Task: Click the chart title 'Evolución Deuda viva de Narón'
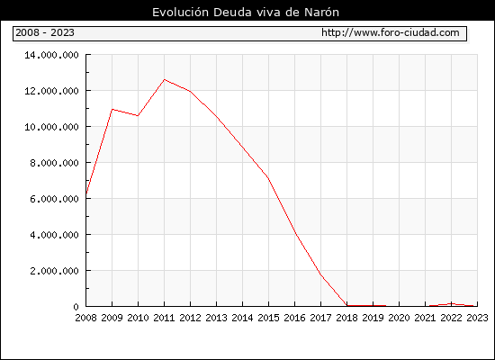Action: pos(246,13)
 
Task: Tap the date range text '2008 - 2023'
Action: pos(45,32)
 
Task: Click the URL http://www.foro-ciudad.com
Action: pos(391,32)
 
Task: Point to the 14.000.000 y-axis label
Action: pos(52,55)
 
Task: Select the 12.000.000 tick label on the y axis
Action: pos(52,91)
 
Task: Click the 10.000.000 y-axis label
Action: pos(52,127)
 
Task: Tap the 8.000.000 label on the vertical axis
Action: pos(54,163)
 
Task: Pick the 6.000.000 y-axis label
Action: pos(54,199)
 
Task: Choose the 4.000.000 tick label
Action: pos(54,235)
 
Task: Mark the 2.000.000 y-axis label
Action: pos(54,271)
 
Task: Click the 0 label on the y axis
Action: pos(76,307)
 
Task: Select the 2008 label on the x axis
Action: pos(85,318)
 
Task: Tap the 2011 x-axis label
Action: pos(164,318)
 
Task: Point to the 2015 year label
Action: pos(269,318)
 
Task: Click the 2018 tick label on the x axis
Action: pos(346,318)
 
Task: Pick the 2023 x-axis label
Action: pos(477,318)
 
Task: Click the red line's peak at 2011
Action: pos(164,79)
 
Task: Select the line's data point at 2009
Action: pos(112,109)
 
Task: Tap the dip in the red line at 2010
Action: pos(138,115)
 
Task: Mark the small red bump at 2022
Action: pos(452,304)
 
